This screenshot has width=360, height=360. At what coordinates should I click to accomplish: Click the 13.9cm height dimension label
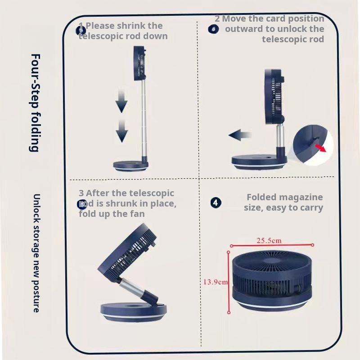pos(215,282)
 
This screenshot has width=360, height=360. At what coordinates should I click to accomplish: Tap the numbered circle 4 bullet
pos(216,202)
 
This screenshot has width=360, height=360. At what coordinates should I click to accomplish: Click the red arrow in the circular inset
pos(320,148)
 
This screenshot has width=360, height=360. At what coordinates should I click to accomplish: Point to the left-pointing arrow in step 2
pos(239,135)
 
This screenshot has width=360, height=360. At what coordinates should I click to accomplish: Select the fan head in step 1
pos(140,65)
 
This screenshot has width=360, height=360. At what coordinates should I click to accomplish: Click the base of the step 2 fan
pos(258,162)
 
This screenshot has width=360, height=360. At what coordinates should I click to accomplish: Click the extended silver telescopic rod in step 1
pos(143,121)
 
